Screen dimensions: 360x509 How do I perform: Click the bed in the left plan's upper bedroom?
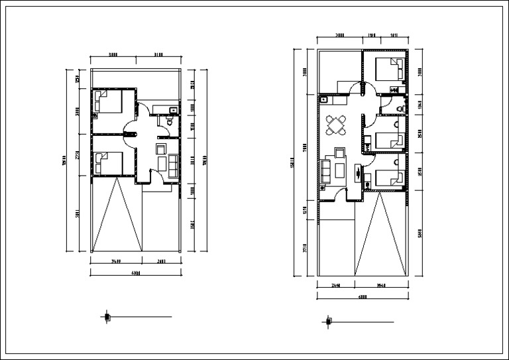108,101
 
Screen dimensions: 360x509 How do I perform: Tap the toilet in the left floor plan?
170,121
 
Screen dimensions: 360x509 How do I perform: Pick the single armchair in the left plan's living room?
160,149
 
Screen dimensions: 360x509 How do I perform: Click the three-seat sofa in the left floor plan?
173,165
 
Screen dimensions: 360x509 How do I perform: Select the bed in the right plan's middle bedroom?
390,140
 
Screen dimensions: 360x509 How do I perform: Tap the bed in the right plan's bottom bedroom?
390,178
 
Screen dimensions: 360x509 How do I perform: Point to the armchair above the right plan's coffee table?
341,153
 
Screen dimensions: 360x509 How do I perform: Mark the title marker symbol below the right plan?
328,322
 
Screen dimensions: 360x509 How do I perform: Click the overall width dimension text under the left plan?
135,272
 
